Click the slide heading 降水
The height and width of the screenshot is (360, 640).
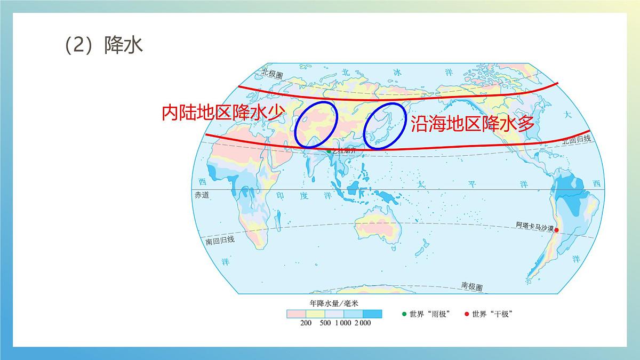point(124,46)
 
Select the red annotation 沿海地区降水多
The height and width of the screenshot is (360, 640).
point(472,124)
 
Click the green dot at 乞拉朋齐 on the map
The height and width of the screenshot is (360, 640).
point(329,151)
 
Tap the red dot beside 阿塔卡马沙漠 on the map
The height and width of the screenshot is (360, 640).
point(556,230)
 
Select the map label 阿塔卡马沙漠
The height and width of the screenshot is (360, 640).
point(534,226)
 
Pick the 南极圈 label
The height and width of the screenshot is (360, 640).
point(472,286)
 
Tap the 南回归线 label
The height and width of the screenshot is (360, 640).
point(220,240)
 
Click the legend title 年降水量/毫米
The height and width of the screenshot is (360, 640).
point(334,303)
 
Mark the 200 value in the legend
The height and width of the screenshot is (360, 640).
point(306,323)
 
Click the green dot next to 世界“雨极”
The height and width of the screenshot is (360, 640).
point(404,314)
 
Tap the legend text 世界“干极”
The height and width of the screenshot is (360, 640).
point(492,314)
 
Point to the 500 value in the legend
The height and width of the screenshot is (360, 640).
point(324,323)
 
